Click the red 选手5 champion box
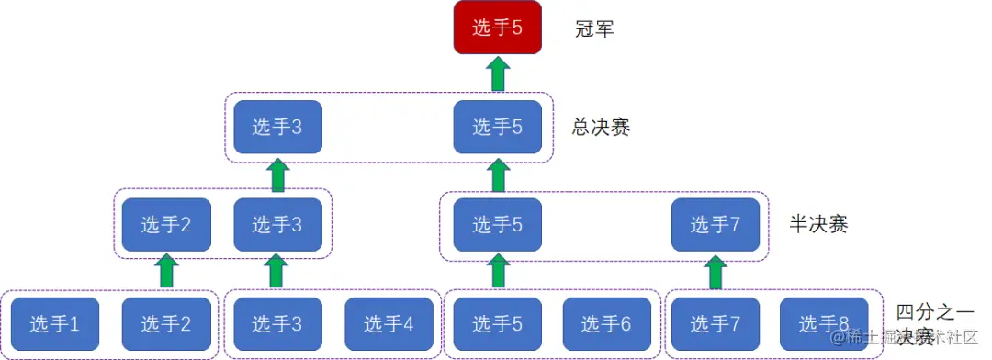tap(498, 28)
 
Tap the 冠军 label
tap(594, 28)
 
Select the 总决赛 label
tap(601, 128)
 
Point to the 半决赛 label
tap(818, 224)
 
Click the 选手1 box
tap(55, 323)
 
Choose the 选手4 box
tap(389, 323)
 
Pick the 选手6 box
tap(607, 323)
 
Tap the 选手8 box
tap(824, 323)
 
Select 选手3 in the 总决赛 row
tap(277, 127)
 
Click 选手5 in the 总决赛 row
tap(498, 127)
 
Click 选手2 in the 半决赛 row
tap(166, 224)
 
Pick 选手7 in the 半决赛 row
tap(716, 224)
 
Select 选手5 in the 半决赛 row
tap(498, 224)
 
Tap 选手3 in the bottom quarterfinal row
tap(277, 323)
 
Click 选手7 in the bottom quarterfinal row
tap(716, 323)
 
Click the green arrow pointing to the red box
tap(498, 73)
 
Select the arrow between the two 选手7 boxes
tap(716, 272)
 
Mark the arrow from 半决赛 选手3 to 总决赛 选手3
tap(277, 174)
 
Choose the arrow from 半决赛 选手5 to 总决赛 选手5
tap(498, 174)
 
